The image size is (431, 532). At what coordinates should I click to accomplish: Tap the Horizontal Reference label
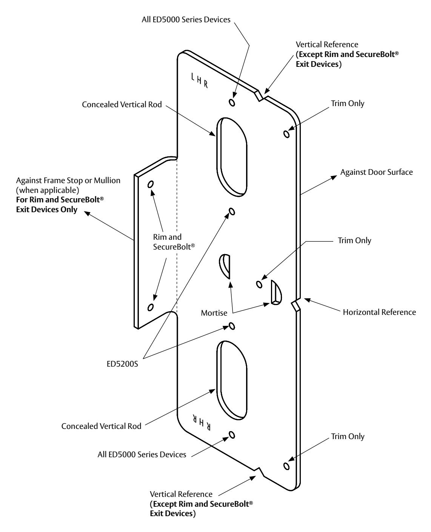pyautogui.click(x=379, y=312)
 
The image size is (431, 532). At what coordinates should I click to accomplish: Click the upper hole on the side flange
pyautogui.click(x=151, y=184)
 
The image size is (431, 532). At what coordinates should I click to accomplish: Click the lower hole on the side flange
pyautogui.click(x=151, y=307)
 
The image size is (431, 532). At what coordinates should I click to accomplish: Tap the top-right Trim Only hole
pyautogui.click(x=286, y=134)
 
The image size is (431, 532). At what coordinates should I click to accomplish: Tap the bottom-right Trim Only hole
pyautogui.click(x=286, y=466)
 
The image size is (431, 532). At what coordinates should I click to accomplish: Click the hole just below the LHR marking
pyautogui.click(x=232, y=102)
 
